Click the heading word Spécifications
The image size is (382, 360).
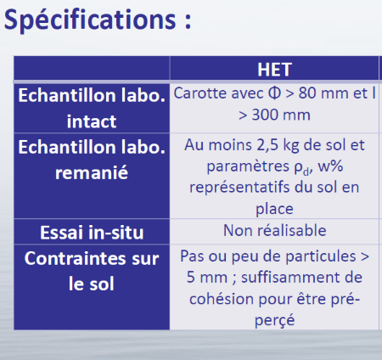point(90,20)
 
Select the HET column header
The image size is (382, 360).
point(274,70)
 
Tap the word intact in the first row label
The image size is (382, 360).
point(92,121)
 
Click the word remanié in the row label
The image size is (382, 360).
point(92,172)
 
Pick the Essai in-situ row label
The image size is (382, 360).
point(92,233)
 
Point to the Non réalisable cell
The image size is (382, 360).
point(274,230)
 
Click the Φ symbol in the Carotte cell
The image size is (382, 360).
point(274,93)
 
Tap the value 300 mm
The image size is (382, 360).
point(281,115)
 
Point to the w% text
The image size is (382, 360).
point(330,166)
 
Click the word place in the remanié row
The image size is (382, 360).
point(274,210)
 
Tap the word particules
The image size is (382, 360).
point(321,256)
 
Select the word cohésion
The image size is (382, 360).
point(222,299)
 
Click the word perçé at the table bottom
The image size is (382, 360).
point(274,321)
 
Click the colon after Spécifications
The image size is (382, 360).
point(188,20)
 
